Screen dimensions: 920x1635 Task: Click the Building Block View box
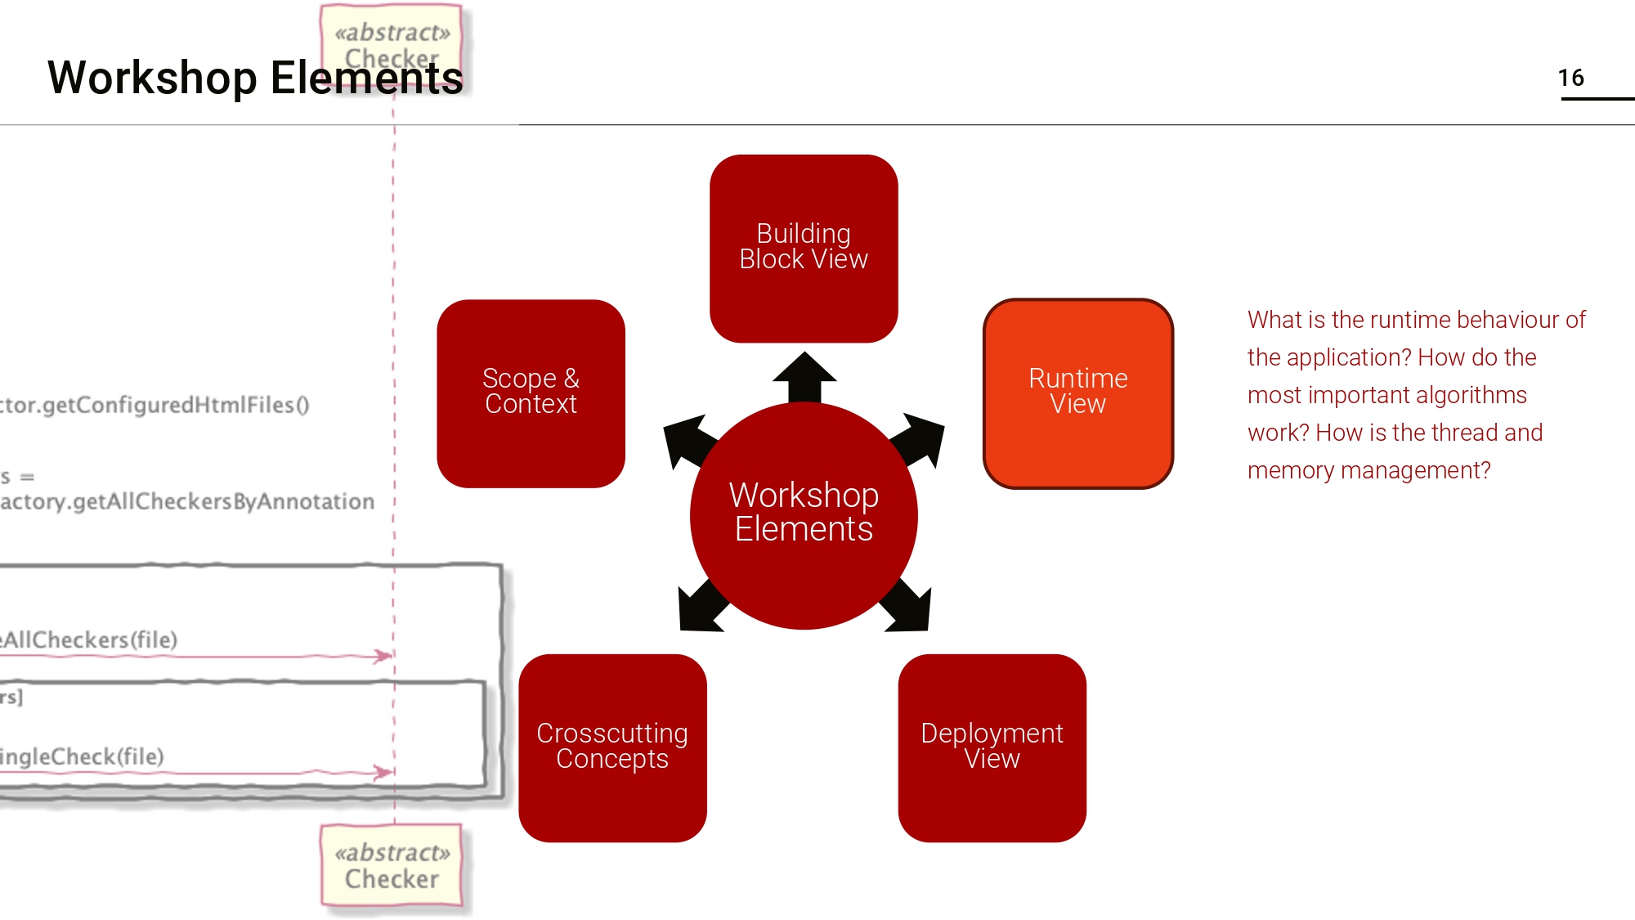point(804,248)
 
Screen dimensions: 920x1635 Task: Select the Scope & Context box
point(531,393)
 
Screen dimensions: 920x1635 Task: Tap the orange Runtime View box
point(1077,393)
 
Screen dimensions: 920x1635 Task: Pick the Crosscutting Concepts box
point(612,747)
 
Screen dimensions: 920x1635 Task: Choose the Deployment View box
point(992,747)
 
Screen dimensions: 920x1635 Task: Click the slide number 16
point(1570,79)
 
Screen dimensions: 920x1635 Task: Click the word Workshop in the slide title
point(152,79)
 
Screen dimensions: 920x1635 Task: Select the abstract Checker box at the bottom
point(392,866)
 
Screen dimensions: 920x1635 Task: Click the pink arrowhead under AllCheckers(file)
point(383,656)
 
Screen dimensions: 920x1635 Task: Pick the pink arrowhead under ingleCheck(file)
point(383,772)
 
